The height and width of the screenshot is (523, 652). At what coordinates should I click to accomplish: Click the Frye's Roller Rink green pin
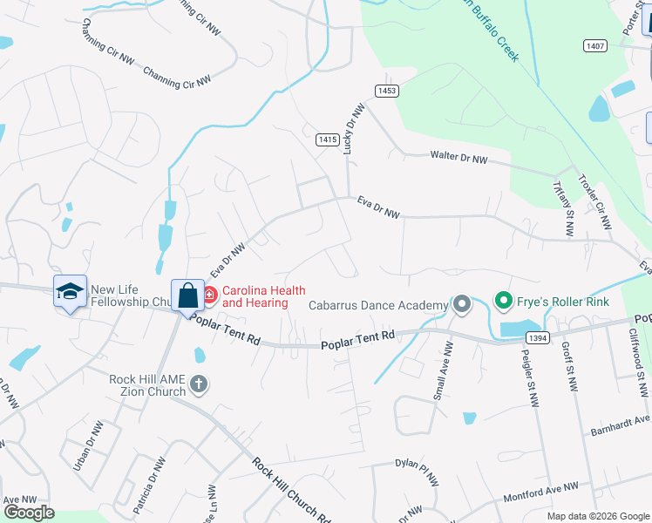pyautogui.click(x=503, y=302)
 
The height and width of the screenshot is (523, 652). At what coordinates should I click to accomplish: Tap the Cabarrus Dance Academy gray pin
pyautogui.click(x=461, y=304)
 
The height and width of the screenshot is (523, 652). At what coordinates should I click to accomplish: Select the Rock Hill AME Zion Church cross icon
pyautogui.click(x=199, y=384)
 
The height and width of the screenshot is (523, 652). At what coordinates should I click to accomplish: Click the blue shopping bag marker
pyautogui.click(x=187, y=295)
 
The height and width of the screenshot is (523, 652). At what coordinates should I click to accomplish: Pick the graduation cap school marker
pyautogui.click(x=70, y=291)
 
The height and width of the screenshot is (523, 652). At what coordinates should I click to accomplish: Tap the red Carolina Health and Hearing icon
pyautogui.click(x=209, y=296)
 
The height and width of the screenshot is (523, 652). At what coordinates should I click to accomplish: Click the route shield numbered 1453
pyautogui.click(x=387, y=91)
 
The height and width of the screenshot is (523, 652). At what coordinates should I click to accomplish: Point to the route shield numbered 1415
pyautogui.click(x=327, y=139)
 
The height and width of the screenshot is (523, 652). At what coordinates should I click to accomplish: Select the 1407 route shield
pyautogui.click(x=594, y=44)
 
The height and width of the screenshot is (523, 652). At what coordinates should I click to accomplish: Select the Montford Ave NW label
pyautogui.click(x=540, y=492)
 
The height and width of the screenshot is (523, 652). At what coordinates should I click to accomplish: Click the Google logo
pyautogui.click(x=29, y=513)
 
